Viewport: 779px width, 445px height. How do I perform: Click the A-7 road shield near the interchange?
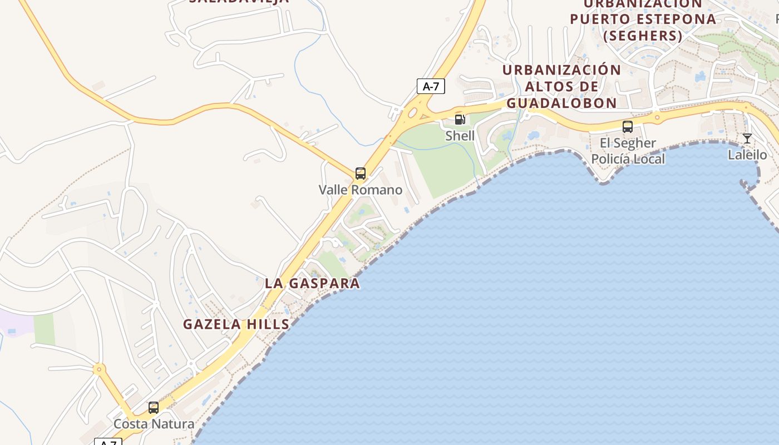pos(431,86)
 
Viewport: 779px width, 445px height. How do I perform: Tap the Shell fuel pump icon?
pos(460,119)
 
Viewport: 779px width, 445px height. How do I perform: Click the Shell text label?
pos(460,136)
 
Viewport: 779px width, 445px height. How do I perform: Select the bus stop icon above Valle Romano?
pos(361,174)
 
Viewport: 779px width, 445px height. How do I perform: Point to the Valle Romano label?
pos(361,190)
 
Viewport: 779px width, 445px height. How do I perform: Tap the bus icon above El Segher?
pos(628,127)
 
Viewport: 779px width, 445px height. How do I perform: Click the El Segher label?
pos(628,143)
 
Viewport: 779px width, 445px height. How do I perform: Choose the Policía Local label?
pos(628,159)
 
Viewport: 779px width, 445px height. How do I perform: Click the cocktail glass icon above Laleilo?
pos(747,139)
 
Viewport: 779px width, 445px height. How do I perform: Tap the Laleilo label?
pos(747,155)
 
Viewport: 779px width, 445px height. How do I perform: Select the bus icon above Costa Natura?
pos(154,408)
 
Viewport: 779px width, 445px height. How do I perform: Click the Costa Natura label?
pos(154,424)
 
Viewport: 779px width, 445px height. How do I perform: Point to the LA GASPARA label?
pos(312,283)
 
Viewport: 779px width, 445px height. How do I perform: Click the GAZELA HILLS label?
pos(236,324)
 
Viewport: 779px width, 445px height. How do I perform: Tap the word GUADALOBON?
pos(561,103)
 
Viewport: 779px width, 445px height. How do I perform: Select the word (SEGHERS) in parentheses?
pos(643,36)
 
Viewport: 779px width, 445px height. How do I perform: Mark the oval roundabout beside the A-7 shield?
pos(412,113)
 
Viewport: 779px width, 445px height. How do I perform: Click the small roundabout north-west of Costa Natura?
pos(99,368)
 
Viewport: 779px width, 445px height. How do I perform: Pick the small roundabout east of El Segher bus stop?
pos(657,117)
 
